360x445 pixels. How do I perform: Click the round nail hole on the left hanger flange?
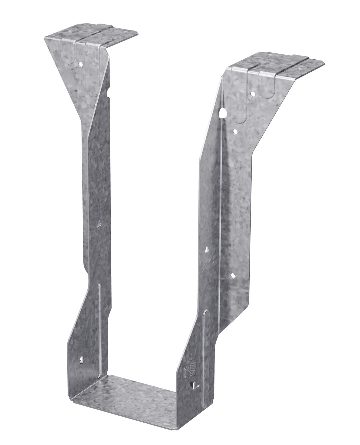[x=80, y=62]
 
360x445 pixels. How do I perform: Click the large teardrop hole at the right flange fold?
[x=223, y=113]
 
